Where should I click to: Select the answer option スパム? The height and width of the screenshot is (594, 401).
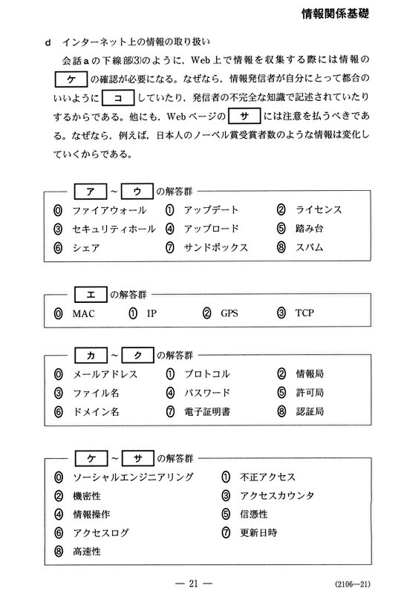pos(309,247)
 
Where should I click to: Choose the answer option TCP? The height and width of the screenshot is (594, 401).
pos(304,313)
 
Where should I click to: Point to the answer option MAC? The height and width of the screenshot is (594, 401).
pos(85,313)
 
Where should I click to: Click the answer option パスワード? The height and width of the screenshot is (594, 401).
pos(206,393)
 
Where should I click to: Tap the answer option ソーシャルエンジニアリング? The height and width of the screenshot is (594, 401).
pos(132,477)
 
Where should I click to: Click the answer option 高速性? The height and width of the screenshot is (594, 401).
pos(86,551)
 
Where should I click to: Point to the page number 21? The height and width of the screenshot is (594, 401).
pos(200,578)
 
